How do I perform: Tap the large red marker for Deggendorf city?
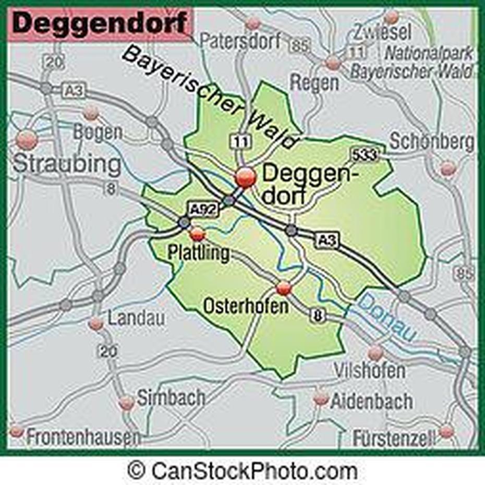tap(245, 177)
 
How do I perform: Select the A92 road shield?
tap(202, 210)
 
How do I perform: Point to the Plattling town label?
tap(198, 253)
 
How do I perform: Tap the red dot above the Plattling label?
tap(197, 234)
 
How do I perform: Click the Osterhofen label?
tap(245, 306)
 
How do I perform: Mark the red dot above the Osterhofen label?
tap(283, 287)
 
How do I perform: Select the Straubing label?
tap(67, 164)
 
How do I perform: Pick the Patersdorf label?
tap(241, 41)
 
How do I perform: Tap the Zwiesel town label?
tap(383, 33)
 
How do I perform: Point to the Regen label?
tap(314, 82)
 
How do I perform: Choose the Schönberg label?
tap(432, 141)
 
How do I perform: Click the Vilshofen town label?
tap(377, 371)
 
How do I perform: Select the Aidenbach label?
tap(371, 401)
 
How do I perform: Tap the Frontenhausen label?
tap(83, 437)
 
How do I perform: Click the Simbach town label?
tap(171, 398)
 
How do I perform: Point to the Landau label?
tap(136, 318)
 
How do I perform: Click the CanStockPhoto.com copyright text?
tap(242, 471)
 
